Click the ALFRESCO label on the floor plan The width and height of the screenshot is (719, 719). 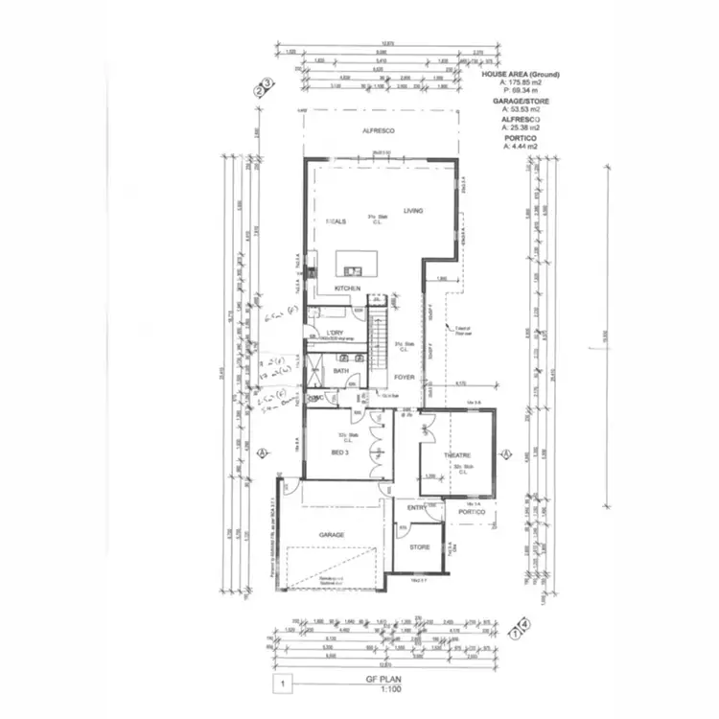380,129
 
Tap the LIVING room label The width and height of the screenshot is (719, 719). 413,211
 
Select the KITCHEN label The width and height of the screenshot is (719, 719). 347,289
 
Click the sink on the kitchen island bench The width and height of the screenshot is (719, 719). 354,270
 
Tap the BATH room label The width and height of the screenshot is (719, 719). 340,371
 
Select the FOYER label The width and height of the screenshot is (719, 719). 405,378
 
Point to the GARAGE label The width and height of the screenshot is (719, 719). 332,535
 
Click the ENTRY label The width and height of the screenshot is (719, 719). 416,508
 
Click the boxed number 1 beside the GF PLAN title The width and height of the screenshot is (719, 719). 283,684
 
